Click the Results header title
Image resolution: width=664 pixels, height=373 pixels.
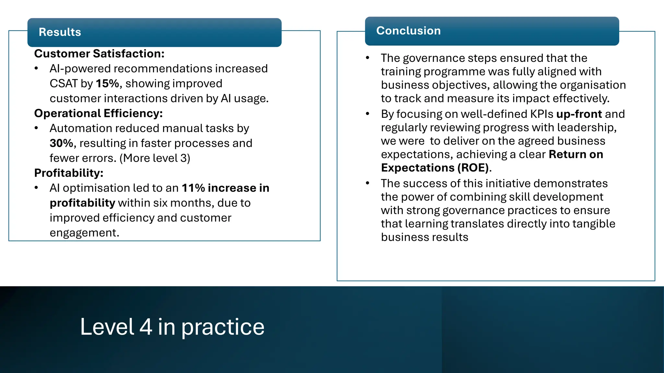pos(60,32)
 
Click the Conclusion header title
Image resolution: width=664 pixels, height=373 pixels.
pos(408,30)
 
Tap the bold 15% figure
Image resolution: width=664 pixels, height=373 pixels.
pos(107,84)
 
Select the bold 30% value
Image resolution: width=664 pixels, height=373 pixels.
pos(61,143)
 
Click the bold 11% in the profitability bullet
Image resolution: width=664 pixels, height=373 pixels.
pos(193,188)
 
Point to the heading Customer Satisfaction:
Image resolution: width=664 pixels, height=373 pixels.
pos(99,53)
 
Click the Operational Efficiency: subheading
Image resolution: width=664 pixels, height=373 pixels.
pos(98,113)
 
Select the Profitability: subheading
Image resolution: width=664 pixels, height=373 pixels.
pos(69,173)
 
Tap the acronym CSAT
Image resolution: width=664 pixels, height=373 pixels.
pos(64,84)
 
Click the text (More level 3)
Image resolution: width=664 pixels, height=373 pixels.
pos(155,158)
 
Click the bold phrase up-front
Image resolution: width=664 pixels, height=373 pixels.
pos(579,114)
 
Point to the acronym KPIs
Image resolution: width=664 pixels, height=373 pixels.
pos(541,114)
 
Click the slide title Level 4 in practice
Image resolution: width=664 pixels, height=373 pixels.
pos(172,327)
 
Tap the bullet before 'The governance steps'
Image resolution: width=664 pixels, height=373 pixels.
pos(367,58)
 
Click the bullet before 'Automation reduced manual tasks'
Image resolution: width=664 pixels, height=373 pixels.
pos(36,128)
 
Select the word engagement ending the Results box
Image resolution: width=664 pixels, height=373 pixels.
pos(84,233)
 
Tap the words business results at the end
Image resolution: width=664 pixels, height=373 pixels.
pos(424,237)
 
